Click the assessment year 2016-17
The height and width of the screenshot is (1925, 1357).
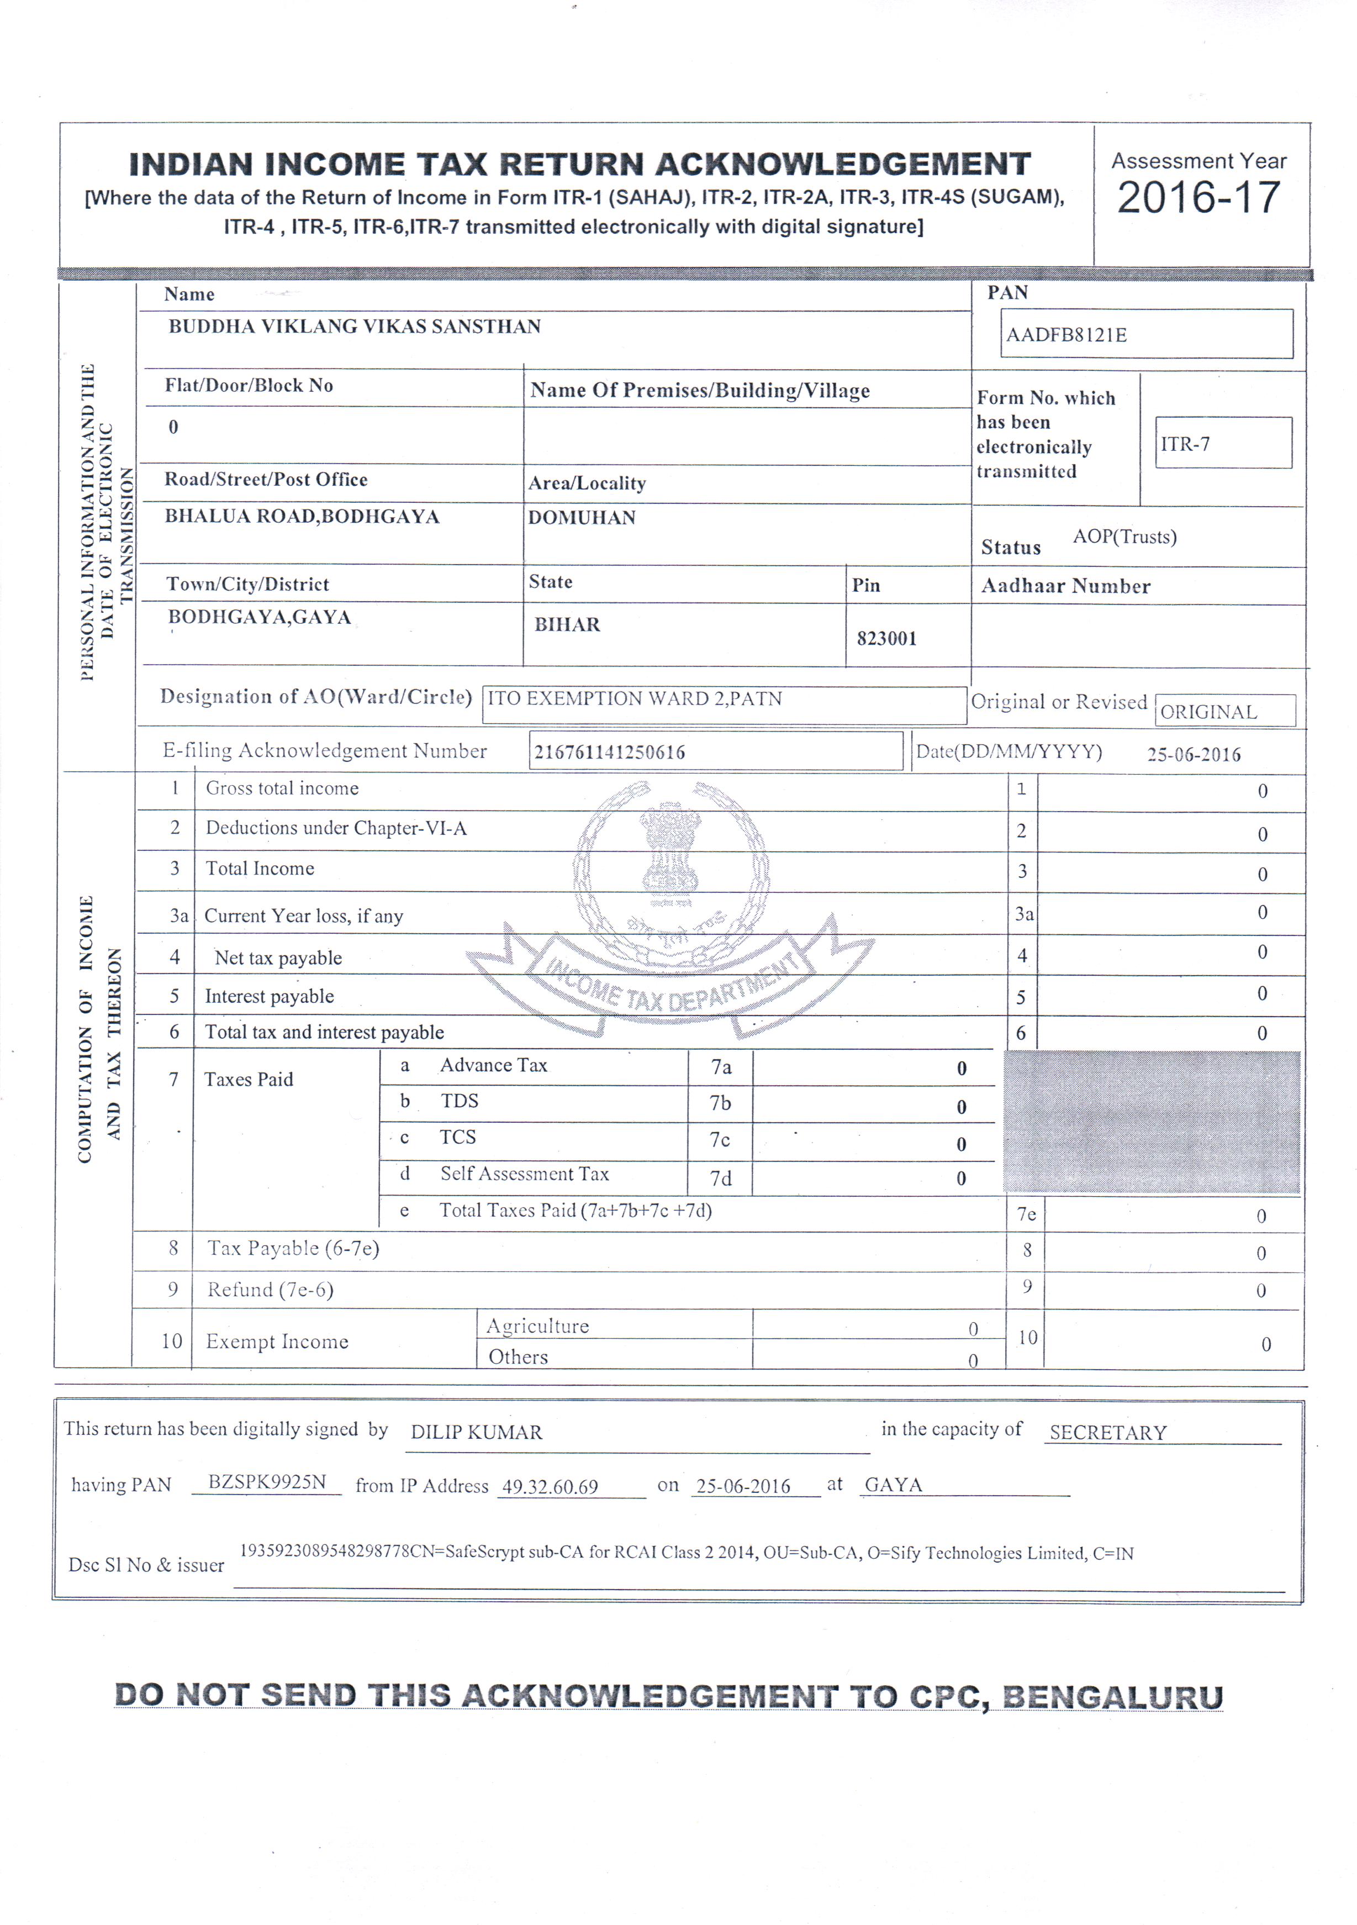pyautogui.click(x=1198, y=198)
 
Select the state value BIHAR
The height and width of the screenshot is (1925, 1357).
pyautogui.click(x=567, y=624)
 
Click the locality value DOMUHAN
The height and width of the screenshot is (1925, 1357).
pyautogui.click(x=582, y=517)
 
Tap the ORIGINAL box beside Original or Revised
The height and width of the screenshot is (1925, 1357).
pyautogui.click(x=1224, y=711)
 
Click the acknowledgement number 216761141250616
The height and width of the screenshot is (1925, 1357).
pyautogui.click(x=609, y=752)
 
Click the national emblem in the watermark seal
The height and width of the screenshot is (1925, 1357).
pyautogui.click(x=670, y=851)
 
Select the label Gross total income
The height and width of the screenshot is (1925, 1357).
pyautogui.click(x=282, y=788)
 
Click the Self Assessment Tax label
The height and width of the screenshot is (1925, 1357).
pyautogui.click(x=525, y=1174)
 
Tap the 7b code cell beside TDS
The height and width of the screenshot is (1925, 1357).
pyautogui.click(x=720, y=1103)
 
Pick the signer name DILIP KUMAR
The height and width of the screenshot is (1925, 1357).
pyautogui.click(x=476, y=1432)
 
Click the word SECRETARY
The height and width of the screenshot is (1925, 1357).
pyautogui.click(x=1108, y=1432)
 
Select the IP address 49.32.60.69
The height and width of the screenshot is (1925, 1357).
pyautogui.click(x=550, y=1486)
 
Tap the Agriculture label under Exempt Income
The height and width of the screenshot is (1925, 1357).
pyautogui.click(x=537, y=1326)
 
